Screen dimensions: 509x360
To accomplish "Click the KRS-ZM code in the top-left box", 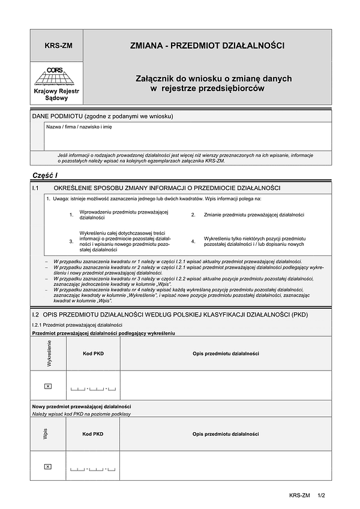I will pos(58,45).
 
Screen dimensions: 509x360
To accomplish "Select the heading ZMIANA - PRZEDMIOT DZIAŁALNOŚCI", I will pos(207,45).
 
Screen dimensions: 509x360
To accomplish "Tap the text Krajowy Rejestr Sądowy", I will pos(58,94).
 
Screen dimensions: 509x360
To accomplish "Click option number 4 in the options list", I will pos(193,241).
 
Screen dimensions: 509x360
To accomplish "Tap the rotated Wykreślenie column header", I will pos(49,354).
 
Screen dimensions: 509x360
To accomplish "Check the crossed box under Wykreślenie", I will pos(49,385).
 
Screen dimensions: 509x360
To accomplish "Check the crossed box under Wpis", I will pos(49,466).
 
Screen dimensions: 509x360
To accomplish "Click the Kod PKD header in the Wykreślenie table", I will pos(93,354).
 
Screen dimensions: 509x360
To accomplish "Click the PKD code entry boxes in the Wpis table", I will pos(93,468).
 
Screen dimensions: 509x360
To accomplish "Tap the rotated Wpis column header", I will pos(46,434).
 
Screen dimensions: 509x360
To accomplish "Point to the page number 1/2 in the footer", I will pos(321,495).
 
